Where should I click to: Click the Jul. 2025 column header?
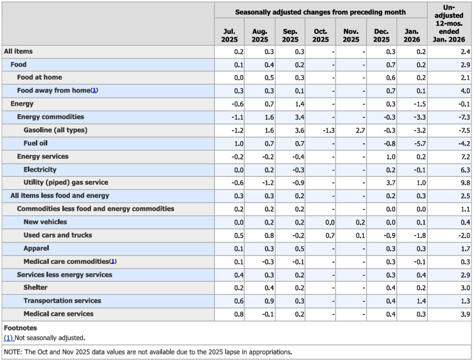pos(230,36)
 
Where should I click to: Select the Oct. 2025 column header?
pos(321,36)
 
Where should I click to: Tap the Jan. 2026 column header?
pos(412,36)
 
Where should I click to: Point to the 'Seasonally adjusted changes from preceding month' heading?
pos(321,12)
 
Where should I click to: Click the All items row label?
pos(18,51)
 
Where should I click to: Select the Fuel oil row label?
pos(36,143)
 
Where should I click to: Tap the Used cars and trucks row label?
pos(58,235)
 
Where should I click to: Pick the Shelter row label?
pos(36,287)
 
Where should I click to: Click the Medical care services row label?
pos(58,314)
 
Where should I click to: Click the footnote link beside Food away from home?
pos(94,91)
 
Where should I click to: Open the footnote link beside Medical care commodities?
pos(113,262)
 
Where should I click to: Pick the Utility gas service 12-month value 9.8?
pos(465,183)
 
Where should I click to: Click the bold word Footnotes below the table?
pos(20,328)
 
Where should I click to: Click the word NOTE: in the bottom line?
pos(13,352)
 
